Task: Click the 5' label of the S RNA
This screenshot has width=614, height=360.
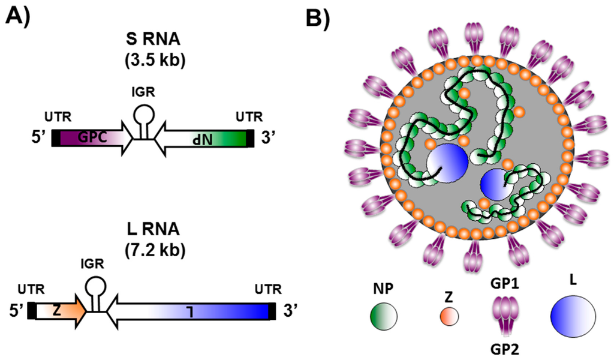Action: [36, 138]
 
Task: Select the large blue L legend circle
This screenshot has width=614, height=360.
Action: [573, 312]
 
